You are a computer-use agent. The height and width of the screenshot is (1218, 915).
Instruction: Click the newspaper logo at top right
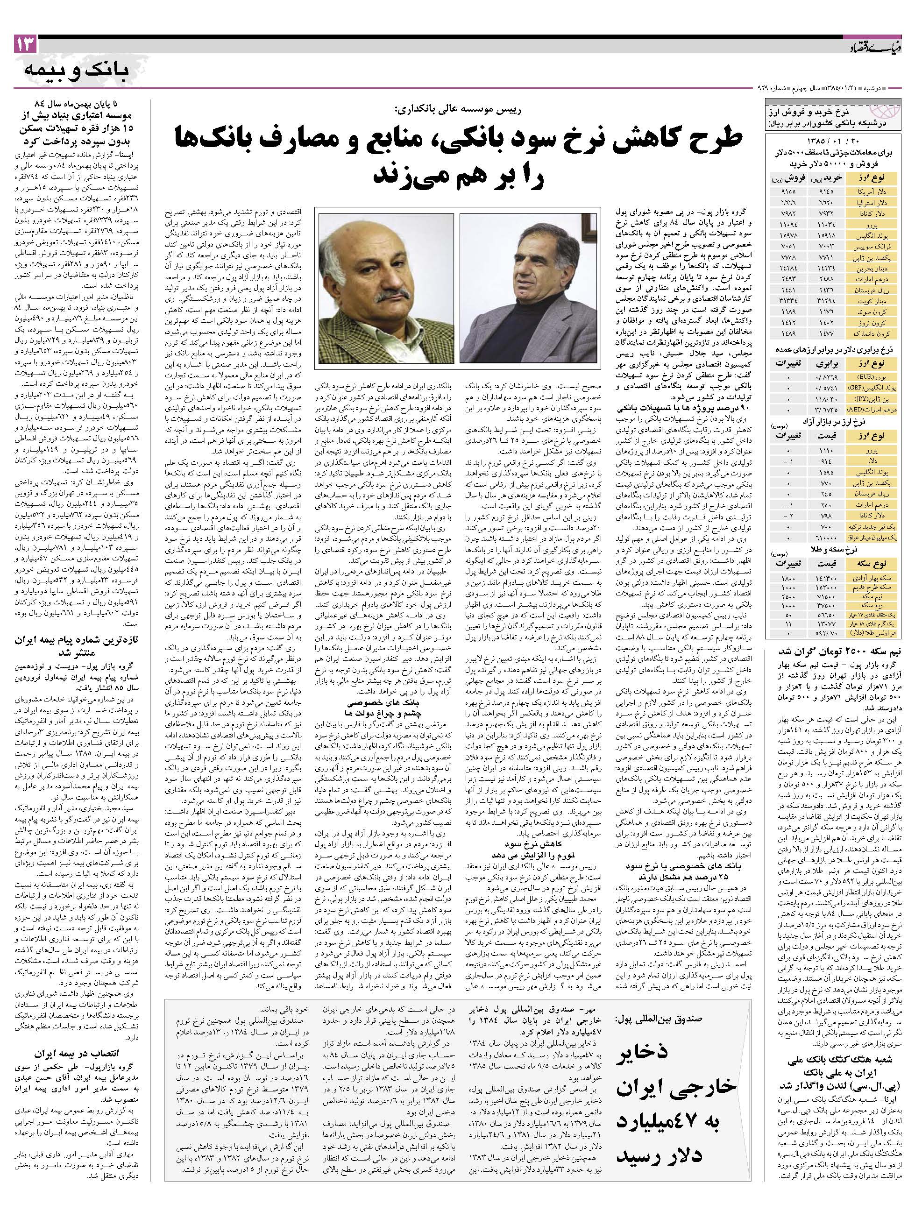pos(873,49)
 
